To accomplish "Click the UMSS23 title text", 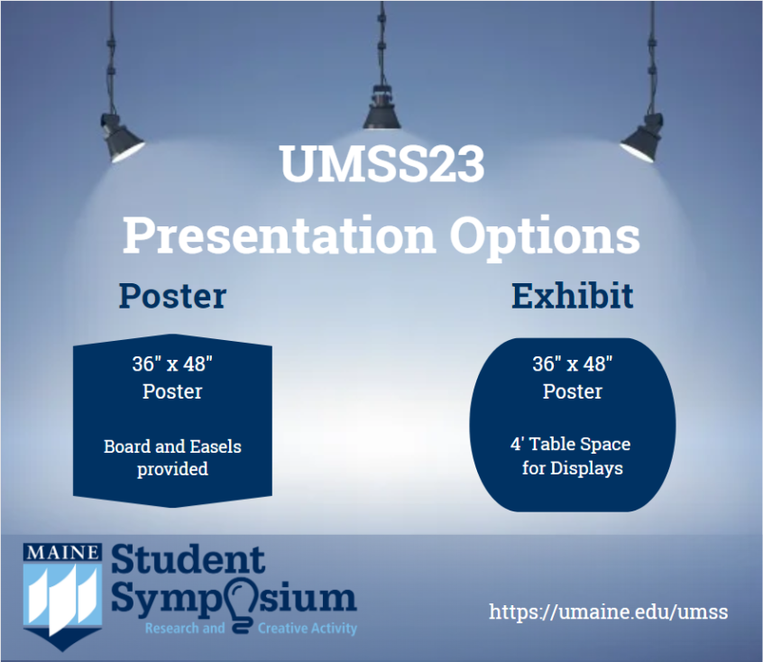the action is (382, 163).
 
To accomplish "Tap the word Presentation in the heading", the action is (279, 235).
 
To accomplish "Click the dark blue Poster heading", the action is (173, 296).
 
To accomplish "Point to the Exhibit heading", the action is (572, 296).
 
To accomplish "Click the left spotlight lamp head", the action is (121, 138).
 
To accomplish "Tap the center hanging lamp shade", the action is (382, 113).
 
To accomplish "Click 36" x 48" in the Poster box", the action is (173, 363).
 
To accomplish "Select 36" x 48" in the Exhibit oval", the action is (573, 363).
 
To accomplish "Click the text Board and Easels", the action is (173, 446).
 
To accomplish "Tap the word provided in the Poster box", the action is (173, 469).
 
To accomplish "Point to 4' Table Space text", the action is (571, 444).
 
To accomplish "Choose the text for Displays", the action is (573, 468).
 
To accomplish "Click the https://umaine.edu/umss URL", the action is (608, 611).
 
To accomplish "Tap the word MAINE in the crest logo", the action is (63, 553).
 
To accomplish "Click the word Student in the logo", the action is (188, 560).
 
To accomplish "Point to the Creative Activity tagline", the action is (308, 629).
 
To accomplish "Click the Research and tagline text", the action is (185, 629).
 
